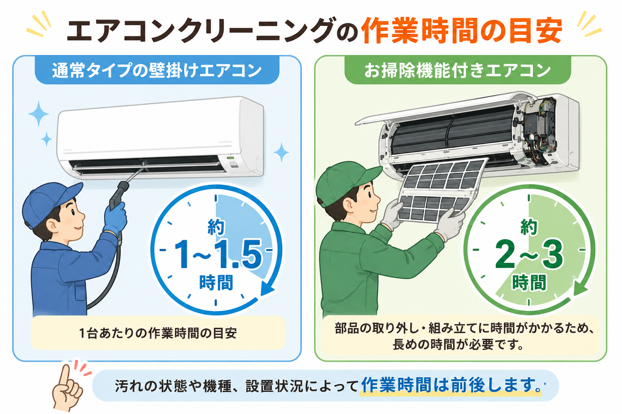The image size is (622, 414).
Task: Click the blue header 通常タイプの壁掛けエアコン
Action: click(x=157, y=70)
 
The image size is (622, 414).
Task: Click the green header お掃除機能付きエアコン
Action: click(x=458, y=70)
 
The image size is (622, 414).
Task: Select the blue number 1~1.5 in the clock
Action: click(x=218, y=254)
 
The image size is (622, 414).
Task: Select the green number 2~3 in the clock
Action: click(x=529, y=254)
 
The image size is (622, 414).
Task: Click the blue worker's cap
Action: click(x=50, y=203)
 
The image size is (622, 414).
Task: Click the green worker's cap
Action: click(x=347, y=182)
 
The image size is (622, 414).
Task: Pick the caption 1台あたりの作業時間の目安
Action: click(x=158, y=333)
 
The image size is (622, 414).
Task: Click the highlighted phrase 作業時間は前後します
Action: click(x=450, y=385)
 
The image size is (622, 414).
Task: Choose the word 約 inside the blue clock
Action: click(x=216, y=227)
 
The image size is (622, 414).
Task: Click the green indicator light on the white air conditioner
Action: click(x=230, y=158)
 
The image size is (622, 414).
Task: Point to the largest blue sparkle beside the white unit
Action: click(x=38, y=114)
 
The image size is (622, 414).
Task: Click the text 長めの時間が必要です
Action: click(x=458, y=345)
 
